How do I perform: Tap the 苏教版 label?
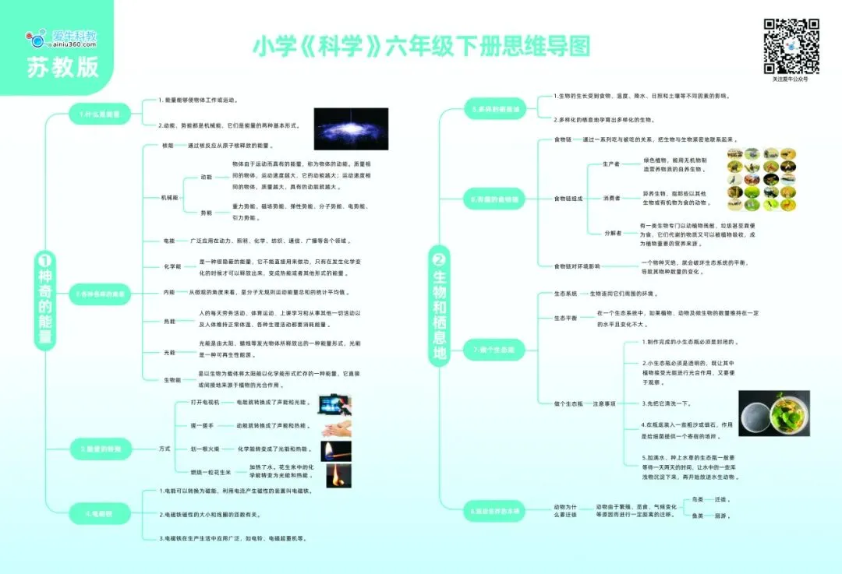tap(63, 67)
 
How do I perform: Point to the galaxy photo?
tap(350, 128)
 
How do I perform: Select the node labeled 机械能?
tap(169, 198)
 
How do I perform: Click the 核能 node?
tap(168, 146)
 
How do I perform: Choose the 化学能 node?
tap(172, 266)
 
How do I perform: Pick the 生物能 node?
tap(172, 379)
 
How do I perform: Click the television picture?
tap(335, 403)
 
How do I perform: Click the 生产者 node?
tap(611, 164)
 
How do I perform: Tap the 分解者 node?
tap(613, 233)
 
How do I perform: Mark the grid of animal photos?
tap(761, 179)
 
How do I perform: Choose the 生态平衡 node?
tap(565, 318)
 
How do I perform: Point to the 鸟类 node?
tap(698, 498)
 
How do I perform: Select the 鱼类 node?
tap(698, 516)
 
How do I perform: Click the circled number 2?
tap(438, 259)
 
